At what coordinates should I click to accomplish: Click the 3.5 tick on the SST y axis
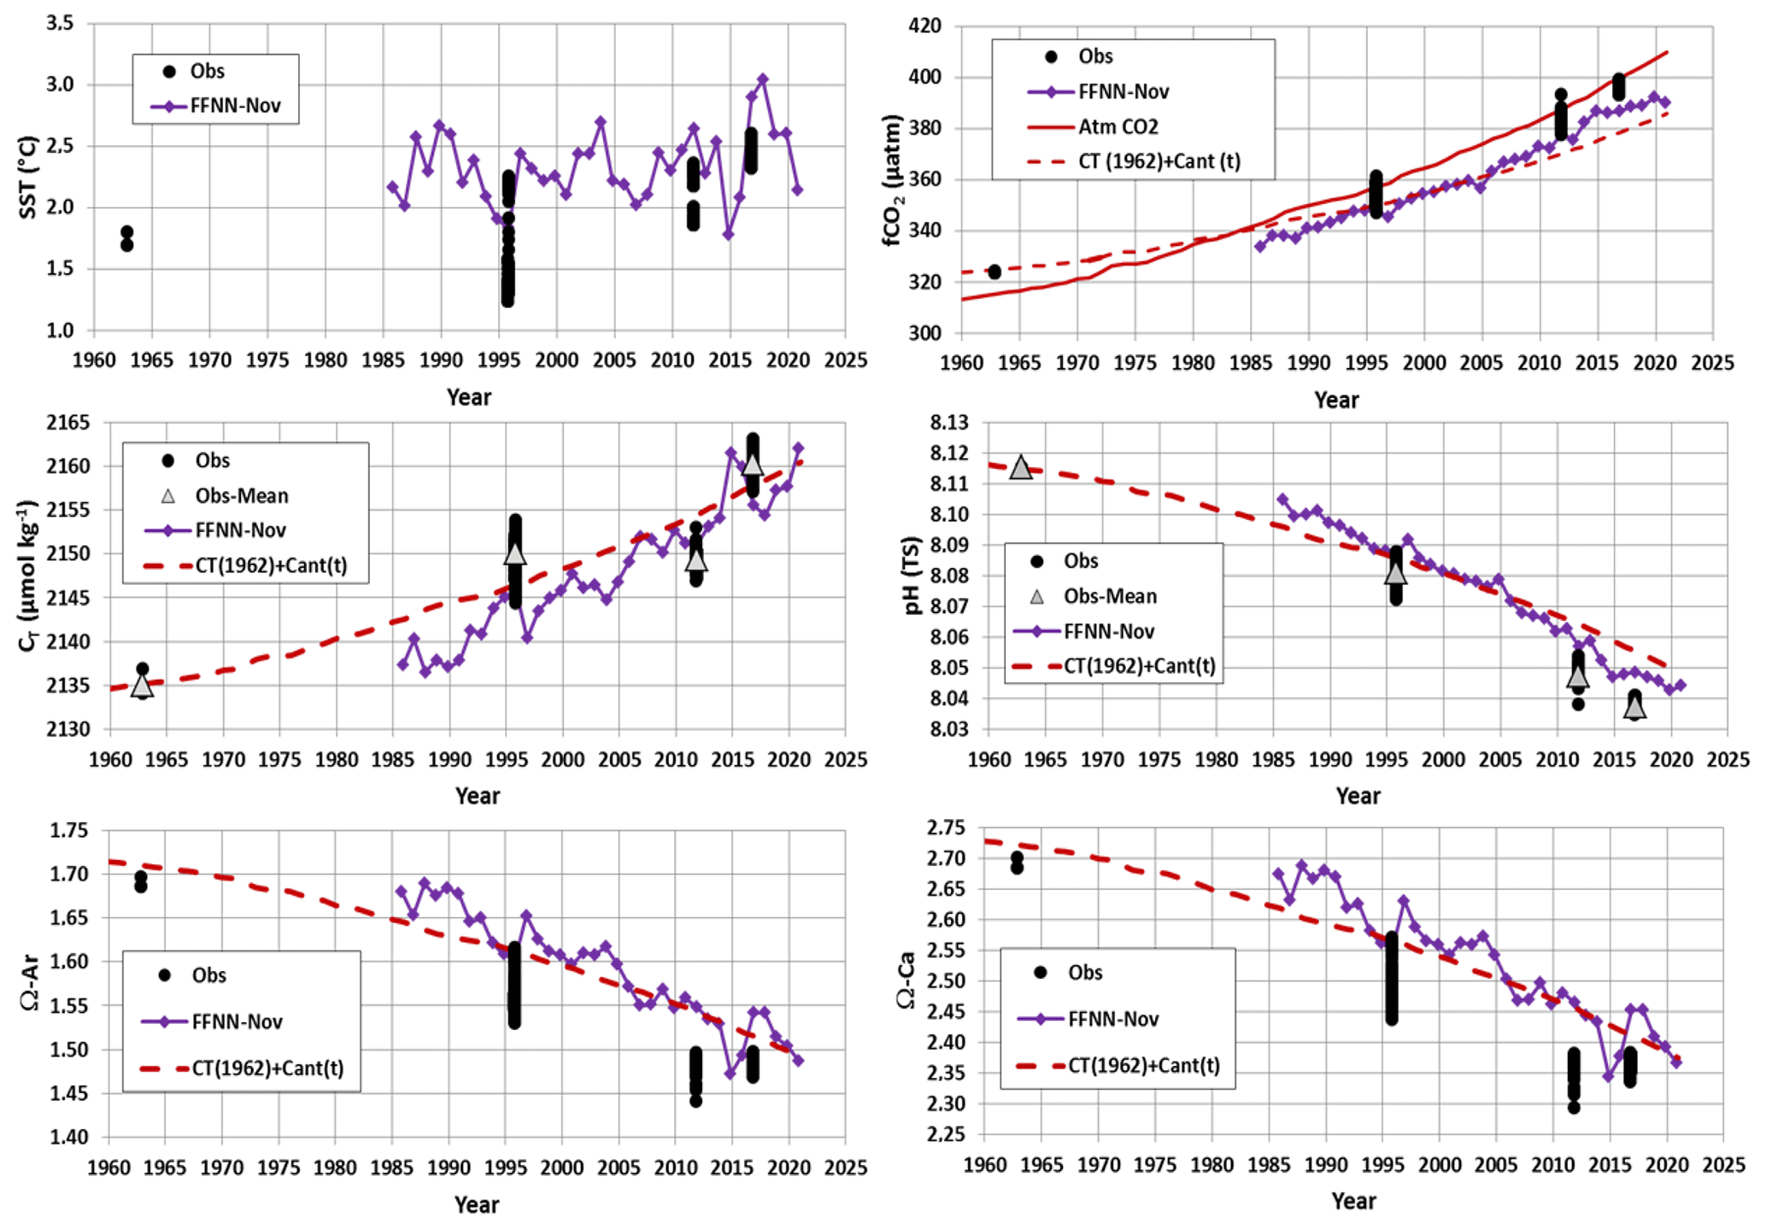[x=61, y=24]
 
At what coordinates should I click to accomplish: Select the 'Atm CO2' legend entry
[x=1118, y=127]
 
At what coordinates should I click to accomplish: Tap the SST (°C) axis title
[x=28, y=177]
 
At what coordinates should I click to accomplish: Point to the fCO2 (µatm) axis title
[x=893, y=180]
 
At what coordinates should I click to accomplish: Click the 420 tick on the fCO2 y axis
[x=925, y=26]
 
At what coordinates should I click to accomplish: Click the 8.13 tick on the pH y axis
[x=949, y=423]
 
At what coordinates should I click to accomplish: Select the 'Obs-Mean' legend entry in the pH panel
[x=1109, y=596]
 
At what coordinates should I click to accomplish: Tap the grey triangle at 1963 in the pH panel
[x=1021, y=467]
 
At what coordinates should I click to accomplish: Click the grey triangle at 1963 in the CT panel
[x=142, y=685]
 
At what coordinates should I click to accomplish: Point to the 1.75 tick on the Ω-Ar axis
[x=70, y=831]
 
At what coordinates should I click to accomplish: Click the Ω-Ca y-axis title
[x=906, y=980]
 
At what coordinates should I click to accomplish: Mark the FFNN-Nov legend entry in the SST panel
[x=235, y=107]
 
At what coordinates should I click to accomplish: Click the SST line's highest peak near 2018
[x=763, y=79]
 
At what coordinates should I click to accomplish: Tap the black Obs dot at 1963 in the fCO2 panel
[x=994, y=272]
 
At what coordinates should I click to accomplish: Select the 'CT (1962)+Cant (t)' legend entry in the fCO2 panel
[x=1159, y=161]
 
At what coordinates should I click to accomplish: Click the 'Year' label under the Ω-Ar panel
[x=476, y=1204]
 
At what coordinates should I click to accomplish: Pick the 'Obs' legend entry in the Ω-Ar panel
[x=208, y=975]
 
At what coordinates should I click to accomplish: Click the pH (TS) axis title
[x=913, y=576]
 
